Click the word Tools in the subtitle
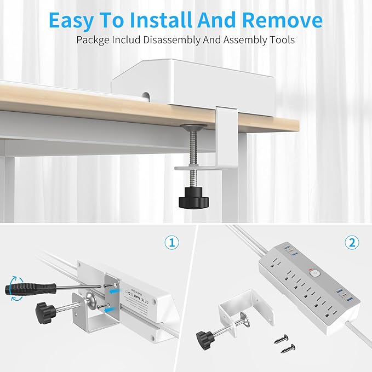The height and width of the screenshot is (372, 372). click(280, 41)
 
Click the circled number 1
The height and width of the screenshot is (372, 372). click(172, 243)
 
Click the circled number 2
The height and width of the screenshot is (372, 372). click(351, 242)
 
